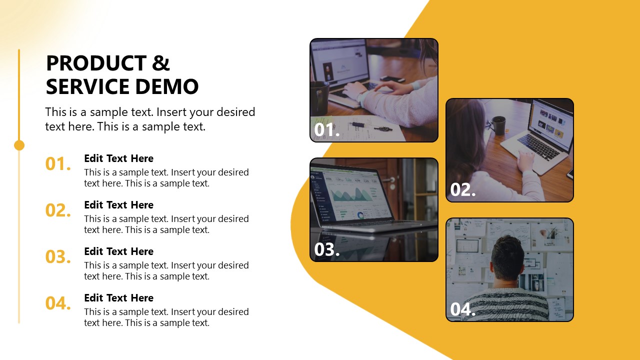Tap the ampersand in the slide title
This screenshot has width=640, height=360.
tap(161, 63)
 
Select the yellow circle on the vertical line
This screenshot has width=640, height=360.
tap(19, 145)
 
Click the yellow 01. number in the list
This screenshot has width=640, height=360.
tap(58, 164)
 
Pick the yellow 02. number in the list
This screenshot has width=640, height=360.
tap(58, 210)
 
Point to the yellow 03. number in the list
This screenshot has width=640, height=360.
tap(58, 257)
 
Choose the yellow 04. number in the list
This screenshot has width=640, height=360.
tap(58, 303)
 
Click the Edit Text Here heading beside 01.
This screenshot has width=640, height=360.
tap(118, 158)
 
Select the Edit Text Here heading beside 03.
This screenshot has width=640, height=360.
tap(118, 251)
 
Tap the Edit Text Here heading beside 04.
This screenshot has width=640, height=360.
tap(118, 298)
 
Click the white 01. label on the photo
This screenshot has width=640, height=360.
tap(326, 130)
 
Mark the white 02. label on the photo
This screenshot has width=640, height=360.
tap(462, 190)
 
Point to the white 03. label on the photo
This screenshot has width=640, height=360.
tap(326, 249)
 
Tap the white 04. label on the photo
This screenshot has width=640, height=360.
tap(462, 309)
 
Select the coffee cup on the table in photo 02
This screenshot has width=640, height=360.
tap(498, 125)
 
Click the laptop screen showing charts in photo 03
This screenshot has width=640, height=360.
tap(350, 195)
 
